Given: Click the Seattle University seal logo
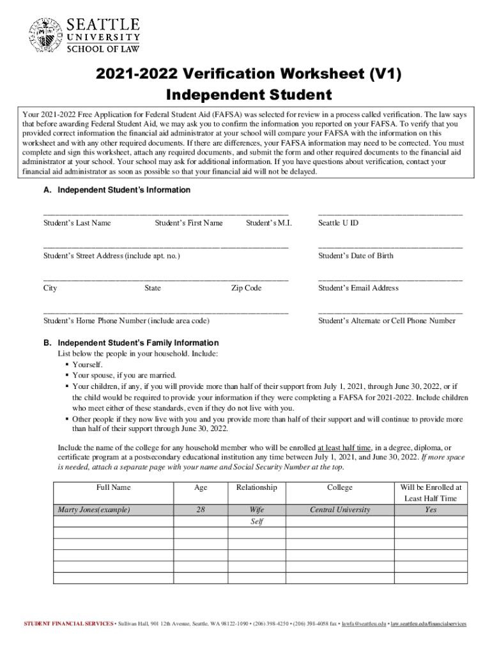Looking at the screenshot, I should pyautogui.click(x=45, y=34).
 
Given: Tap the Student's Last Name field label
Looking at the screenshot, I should pyautogui.click(x=77, y=223).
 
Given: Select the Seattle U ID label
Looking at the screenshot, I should pyautogui.click(x=338, y=223).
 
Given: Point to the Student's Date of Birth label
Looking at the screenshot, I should pyautogui.click(x=356, y=255).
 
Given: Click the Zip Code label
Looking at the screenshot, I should pyautogui.click(x=246, y=288).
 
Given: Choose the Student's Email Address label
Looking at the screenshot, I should pyautogui.click(x=358, y=288).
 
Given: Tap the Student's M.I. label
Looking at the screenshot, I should pyautogui.click(x=269, y=223).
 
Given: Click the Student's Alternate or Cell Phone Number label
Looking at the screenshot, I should pyautogui.click(x=387, y=321).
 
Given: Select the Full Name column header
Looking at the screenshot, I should pyautogui.click(x=113, y=487).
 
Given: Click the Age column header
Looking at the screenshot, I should pyautogui.click(x=201, y=487).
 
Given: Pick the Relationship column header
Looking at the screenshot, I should pyautogui.click(x=257, y=487).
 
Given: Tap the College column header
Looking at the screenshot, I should pyautogui.click(x=339, y=487).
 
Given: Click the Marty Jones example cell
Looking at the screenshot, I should pyautogui.click(x=94, y=510).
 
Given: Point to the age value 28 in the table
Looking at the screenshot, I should pyautogui.click(x=201, y=510).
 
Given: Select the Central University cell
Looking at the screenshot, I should pyautogui.click(x=339, y=510).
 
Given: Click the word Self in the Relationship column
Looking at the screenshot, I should pyautogui.click(x=257, y=521).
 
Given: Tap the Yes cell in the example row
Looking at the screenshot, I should pyautogui.click(x=431, y=510).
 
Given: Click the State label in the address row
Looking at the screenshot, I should pyautogui.click(x=153, y=288).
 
